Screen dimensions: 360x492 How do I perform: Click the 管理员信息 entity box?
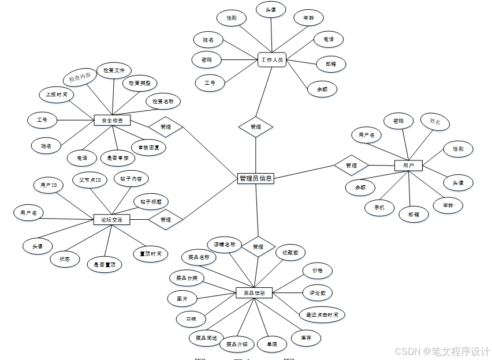(x=255, y=178)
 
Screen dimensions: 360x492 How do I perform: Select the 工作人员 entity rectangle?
(x=271, y=59)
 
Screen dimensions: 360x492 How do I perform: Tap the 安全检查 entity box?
(x=113, y=121)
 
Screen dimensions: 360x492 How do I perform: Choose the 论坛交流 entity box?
(x=112, y=219)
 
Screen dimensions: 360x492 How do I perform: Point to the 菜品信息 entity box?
(x=254, y=292)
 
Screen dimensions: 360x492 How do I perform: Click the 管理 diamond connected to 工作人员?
(x=255, y=126)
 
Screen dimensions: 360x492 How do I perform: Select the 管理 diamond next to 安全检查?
(x=166, y=126)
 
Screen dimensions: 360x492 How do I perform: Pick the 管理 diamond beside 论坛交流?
(x=166, y=219)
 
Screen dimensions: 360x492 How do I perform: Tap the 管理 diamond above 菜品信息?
(x=258, y=246)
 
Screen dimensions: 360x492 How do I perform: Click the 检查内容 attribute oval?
(x=80, y=77)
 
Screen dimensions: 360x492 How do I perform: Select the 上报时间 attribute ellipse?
(x=57, y=94)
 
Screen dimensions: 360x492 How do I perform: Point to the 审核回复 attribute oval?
(x=148, y=147)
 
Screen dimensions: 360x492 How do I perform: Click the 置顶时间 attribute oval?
(x=150, y=253)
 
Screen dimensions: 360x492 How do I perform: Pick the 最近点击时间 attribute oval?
(x=322, y=314)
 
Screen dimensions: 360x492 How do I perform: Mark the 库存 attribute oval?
(x=306, y=337)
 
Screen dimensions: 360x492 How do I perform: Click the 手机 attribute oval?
(x=379, y=207)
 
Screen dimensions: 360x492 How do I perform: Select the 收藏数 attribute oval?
(x=290, y=252)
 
